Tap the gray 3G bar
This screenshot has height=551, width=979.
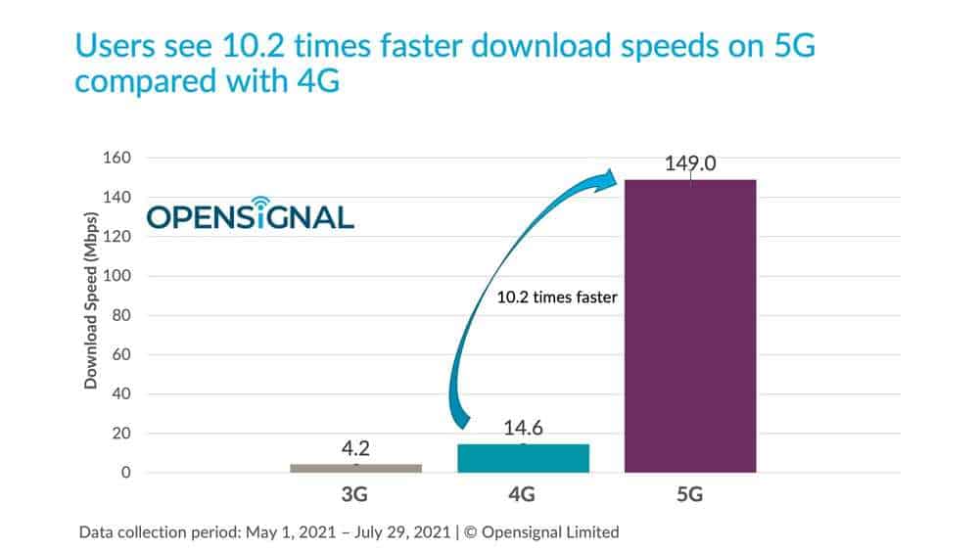coord(355,468)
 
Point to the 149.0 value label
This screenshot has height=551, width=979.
coord(689,163)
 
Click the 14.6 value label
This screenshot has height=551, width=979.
coord(523,428)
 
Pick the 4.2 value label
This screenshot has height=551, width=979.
coord(355,447)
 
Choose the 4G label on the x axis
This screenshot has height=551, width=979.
coord(522,496)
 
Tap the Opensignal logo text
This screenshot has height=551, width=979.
coord(251,217)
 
